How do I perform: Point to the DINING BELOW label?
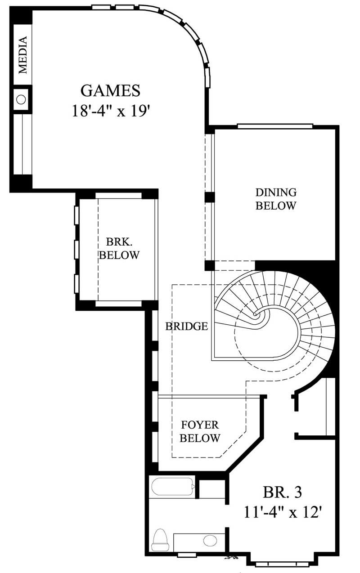[276, 199]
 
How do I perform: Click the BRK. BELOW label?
[119, 248]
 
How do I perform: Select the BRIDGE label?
[186, 327]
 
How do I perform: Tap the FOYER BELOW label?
[200, 431]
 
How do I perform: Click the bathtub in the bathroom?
[172, 487]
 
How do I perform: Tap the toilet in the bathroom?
[159, 540]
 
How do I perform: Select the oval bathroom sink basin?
[209, 541]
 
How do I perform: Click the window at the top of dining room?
[274, 126]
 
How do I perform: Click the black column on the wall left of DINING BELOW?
[209, 197]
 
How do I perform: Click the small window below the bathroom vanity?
[187, 555]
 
